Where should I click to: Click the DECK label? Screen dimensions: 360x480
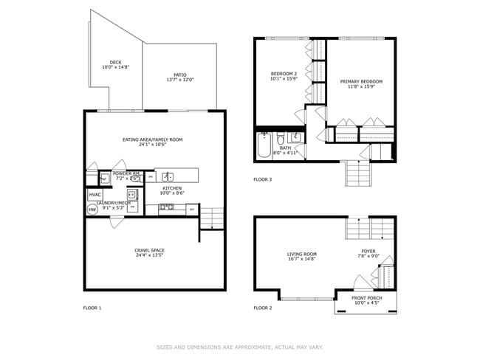[115, 62]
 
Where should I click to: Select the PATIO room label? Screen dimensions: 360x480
[179, 75]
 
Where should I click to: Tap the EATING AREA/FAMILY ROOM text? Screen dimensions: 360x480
[152, 139]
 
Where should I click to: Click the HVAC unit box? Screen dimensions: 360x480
[95, 195]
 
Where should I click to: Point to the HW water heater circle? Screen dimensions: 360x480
[92, 210]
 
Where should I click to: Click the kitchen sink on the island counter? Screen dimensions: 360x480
[168, 176]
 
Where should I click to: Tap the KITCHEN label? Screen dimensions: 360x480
[172, 188]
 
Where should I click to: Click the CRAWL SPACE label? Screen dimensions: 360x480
[149, 251]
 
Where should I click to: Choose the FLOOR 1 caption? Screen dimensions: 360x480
[92, 308]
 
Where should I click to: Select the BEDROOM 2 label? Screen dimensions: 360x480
[284, 74]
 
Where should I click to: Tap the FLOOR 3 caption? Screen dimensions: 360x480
[262, 179]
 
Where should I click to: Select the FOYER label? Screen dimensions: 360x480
[368, 251]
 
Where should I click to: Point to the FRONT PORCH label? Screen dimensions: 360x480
[366, 297]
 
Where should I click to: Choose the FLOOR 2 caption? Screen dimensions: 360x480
[262, 308]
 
